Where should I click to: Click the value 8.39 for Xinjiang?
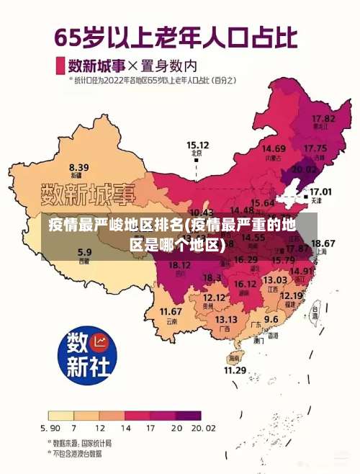(78, 167)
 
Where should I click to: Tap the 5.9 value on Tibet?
(84, 252)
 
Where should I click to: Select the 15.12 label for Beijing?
(197, 144)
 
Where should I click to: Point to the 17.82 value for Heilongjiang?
(323, 118)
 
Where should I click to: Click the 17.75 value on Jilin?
(315, 148)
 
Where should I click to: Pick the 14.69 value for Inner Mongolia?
(274, 148)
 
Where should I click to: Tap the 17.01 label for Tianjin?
(320, 192)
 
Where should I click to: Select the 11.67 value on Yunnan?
(171, 311)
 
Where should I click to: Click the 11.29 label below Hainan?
(235, 370)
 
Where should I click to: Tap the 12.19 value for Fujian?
(291, 295)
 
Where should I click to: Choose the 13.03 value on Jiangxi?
(275, 280)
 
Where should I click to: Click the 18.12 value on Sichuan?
(179, 265)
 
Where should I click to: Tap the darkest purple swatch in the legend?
(189, 416)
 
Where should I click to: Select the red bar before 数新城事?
(60, 65)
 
